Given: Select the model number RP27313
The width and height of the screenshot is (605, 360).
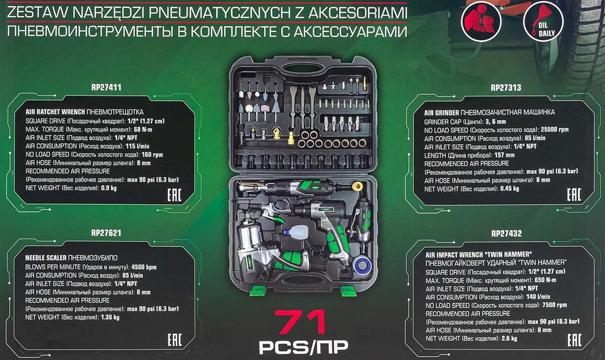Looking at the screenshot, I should (x=505, y=87).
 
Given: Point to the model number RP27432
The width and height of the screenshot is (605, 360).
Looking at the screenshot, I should (x=505, y=233).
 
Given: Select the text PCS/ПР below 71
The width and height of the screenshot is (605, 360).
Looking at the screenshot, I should (x=302, y=348).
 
